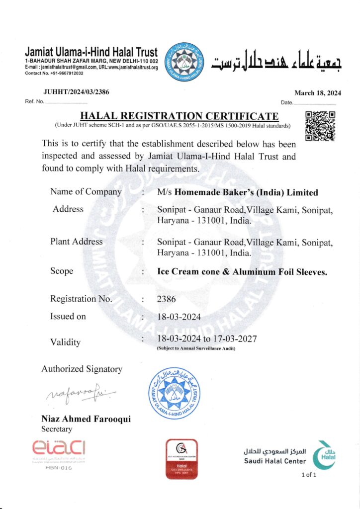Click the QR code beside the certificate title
[x=320, y=126]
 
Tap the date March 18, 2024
[x=318, y=93]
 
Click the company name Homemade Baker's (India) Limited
[x=238, y=192]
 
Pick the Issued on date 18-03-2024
[x=178, y=317]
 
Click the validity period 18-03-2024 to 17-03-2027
[x=207, y=339]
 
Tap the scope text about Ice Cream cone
[x=242, y=271]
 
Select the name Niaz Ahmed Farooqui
[x=86, y=419]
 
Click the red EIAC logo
[x=59, y=447]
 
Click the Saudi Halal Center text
[x=275, y=461]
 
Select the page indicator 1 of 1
[x=309, y=475]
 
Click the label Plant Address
[x=77, y=242]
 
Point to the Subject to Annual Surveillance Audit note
[x=196, y=348]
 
